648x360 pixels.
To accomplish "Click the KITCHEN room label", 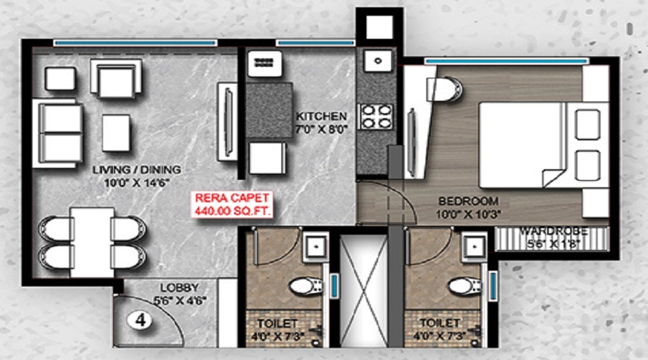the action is click(x=321, y=116).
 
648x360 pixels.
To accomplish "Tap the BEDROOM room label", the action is click(x=468, y=202).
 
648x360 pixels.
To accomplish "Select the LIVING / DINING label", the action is click(x=137, y=169).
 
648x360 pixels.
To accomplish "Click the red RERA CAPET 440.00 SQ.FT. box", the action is click(x=233, y=204).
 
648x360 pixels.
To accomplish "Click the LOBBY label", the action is click(x=180, y=288).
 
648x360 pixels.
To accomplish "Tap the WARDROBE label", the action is click(x=554, y=231).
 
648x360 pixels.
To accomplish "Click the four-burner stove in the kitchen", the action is click(x=376, y=117).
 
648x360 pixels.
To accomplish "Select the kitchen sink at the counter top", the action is click(x=378, y=60).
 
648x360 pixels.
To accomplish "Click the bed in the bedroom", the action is click(x=544, y=145).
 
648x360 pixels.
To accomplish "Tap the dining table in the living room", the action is click(x=92, y=242).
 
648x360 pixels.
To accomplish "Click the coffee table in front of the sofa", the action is click(x=116, y=133).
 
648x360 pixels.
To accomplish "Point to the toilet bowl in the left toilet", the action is click(x=306, y=286).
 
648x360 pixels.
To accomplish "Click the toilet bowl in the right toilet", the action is click(x=465, y=286).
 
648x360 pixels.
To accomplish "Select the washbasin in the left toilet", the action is click(x=316, y=247).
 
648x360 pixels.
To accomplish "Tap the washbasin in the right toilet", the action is click(x=474, y=247).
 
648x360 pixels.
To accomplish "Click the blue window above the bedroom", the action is click(x=507, y=61).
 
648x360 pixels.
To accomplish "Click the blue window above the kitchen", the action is click(x=315, y=42).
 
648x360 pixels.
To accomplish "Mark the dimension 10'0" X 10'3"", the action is click(x=468, y=215).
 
